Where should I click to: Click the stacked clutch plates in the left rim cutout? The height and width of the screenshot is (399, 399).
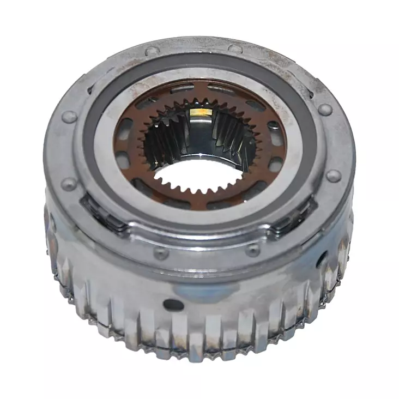click(104, 213)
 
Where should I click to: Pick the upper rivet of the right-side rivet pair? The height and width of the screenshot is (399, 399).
click(325, 110)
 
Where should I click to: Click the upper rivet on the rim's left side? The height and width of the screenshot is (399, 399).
click(69, 117)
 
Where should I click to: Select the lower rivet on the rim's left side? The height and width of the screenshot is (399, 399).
click(69, 183)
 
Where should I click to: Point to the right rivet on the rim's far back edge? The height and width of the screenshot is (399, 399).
click(235, 49)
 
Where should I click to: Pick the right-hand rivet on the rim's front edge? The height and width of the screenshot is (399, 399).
click(252, 250)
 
